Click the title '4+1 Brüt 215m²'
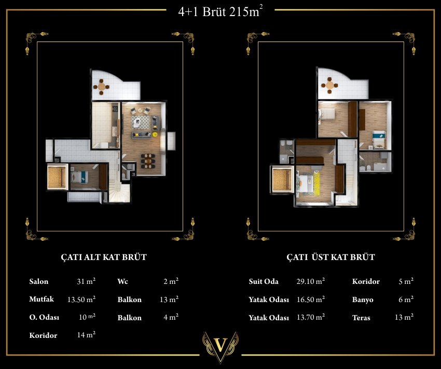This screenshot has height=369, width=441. [221, 12]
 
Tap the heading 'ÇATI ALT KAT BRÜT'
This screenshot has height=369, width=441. [104, 257]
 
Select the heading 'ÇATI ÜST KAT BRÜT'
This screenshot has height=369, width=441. [331, 257]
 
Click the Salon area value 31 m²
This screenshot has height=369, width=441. [86, 281]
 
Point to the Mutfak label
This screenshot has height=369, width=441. [42, 299]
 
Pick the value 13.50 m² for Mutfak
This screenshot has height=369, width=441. [81, 299]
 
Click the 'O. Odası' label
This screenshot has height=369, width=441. [44, 317]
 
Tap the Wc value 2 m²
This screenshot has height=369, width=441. [171, 281]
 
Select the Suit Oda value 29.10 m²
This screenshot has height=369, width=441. [310, 281]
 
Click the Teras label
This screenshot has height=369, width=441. [361, 318]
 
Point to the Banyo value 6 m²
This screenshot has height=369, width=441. [406, 299]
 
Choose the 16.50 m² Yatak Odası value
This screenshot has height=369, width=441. [311, 299]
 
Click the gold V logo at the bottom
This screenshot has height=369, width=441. [220, 347]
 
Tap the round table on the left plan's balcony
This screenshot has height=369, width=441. [101, 87]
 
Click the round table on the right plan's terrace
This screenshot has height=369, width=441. [329, 85]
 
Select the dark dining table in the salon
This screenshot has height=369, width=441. [148, 161]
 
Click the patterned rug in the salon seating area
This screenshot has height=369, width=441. [141, 122]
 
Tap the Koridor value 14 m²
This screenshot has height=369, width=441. [86, 335]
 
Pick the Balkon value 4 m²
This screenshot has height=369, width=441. [171, 317]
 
